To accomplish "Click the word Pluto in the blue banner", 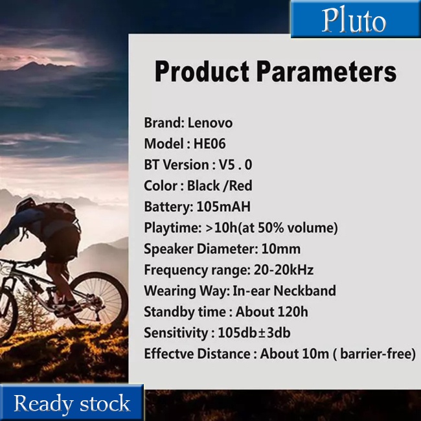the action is point(354,21).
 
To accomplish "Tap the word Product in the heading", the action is point(201,72).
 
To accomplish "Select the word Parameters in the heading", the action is point(326,71).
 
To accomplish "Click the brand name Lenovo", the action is point(210,123).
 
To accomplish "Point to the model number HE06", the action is point(209,144).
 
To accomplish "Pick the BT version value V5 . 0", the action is point(236,165).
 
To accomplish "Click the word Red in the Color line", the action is point(241,185).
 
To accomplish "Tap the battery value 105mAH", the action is point(223,207).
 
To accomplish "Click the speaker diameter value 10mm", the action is point(281,249).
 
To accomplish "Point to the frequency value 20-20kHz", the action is point(284,269).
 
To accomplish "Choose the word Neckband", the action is point(304,291).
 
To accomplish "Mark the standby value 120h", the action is point(293,312).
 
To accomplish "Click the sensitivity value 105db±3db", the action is point(254,333).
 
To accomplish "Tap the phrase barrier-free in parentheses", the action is point(375,354).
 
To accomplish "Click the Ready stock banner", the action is point(72,403).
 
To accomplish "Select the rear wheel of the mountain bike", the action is point(99,297).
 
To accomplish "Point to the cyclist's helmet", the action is point(25,205).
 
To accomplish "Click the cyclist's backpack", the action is point(59,212).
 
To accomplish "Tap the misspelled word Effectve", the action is point(170,354).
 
